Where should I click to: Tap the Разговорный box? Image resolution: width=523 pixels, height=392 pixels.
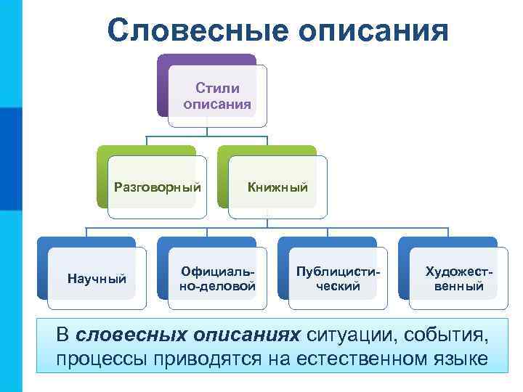click(157, 187)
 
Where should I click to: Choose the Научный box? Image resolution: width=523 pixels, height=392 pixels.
click(97, 278)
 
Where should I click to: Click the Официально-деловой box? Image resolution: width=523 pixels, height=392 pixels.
click(217, 278)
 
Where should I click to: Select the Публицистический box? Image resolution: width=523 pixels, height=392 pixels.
click(338, 278)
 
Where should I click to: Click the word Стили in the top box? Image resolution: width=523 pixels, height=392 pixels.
click(217, 89)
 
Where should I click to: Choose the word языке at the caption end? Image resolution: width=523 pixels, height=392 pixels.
click(460, 359)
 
